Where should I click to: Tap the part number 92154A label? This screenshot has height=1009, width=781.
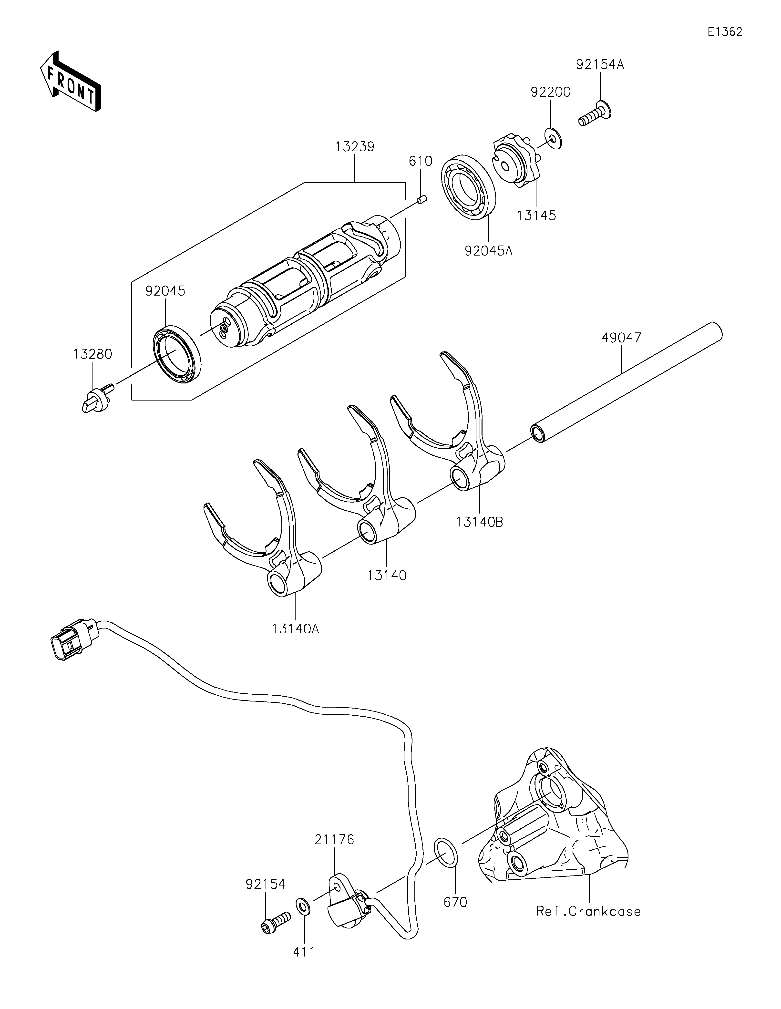click(x=600, y=65)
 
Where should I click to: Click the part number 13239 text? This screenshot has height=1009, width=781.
click(x=355, y=147)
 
